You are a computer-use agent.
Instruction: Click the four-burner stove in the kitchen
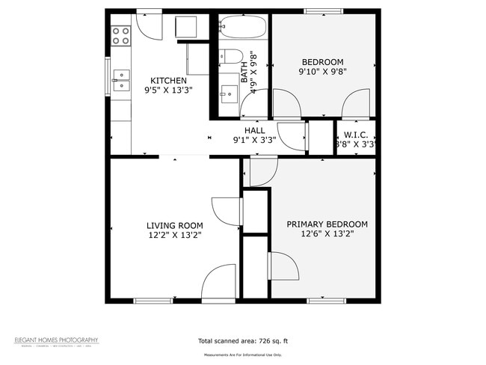121,34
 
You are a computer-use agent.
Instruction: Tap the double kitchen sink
120,81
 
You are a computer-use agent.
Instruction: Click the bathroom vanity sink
229,96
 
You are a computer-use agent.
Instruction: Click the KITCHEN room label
168,81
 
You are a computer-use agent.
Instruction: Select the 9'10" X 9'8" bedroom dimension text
322,72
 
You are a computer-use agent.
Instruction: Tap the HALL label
254,130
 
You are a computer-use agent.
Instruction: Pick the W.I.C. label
354,135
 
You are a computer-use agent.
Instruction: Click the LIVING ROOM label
174,225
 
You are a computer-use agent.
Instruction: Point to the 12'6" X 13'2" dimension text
327,234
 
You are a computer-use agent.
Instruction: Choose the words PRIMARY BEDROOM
327,224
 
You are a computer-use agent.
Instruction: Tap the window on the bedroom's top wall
324,10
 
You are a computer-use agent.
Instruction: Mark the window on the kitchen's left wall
108,76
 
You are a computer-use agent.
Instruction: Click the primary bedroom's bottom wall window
327,301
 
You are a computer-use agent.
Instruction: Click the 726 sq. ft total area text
242,341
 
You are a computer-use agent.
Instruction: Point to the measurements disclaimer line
242,355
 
